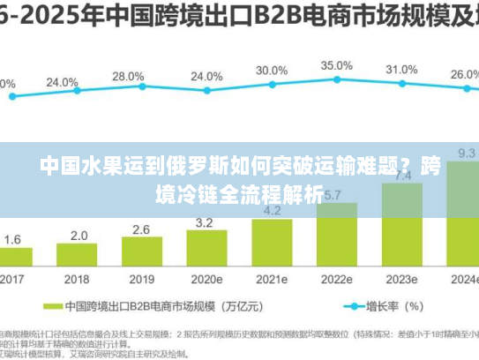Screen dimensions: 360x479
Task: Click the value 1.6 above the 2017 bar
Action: pos(13,240)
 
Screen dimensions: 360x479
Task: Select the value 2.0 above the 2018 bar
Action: pos(79,236)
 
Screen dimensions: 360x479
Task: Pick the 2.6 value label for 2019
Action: pos(141,229)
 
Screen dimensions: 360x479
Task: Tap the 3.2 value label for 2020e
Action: pos(206,222)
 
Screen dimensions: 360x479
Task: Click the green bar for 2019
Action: pos(141,252)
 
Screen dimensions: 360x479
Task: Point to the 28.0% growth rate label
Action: pos(129,77)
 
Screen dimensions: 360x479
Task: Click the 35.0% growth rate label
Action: pos(336,65)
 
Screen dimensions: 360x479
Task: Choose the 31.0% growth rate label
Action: pos(401,70)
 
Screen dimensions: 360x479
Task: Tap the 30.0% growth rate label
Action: pos(272,71)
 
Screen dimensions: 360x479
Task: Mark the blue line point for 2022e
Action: pos(338,79)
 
